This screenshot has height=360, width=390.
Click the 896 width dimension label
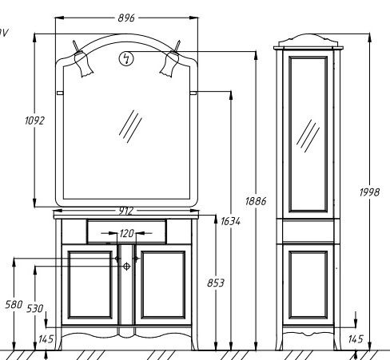coord(126,18)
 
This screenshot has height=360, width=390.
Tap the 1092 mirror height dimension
coord(34,121)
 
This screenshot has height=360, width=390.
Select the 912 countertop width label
coord(125,211)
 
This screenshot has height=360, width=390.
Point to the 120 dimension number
coord(126,233)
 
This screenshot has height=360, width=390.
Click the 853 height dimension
coord(216,283)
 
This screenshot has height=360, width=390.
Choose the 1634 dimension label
coord(230,221)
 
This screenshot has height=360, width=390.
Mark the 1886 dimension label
coord(256,201)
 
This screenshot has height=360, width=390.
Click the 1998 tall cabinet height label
coord(369,192)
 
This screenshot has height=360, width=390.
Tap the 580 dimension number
coord(14,304)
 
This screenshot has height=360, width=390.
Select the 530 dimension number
coord(35,309)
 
